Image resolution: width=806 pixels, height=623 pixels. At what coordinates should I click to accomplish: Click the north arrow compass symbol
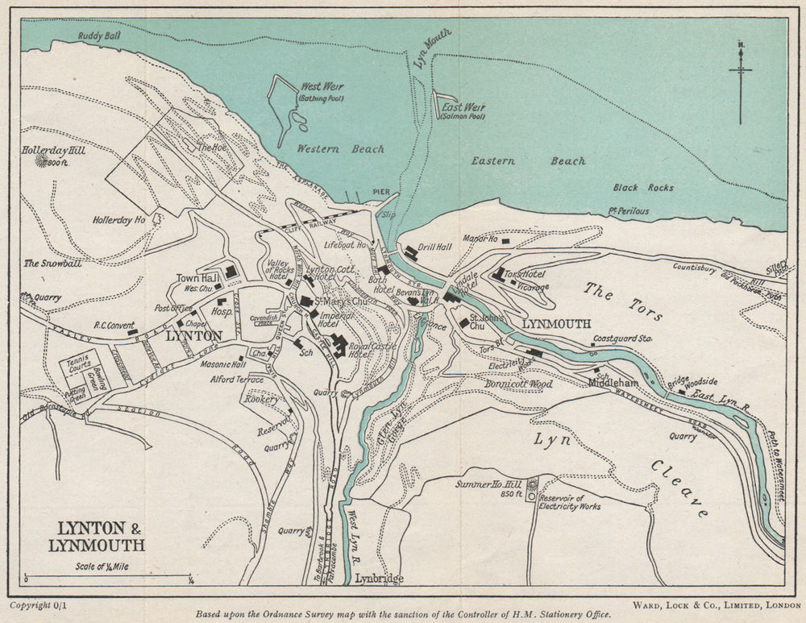coord(740,81)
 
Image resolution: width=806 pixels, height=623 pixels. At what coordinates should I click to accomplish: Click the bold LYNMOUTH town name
coord(557,324)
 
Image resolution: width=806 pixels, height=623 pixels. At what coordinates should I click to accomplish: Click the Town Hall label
coord(193,277)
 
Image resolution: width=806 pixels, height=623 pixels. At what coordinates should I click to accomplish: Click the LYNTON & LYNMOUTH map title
coord(102,537)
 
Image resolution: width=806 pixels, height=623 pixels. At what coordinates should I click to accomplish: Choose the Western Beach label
coord(340,149)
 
